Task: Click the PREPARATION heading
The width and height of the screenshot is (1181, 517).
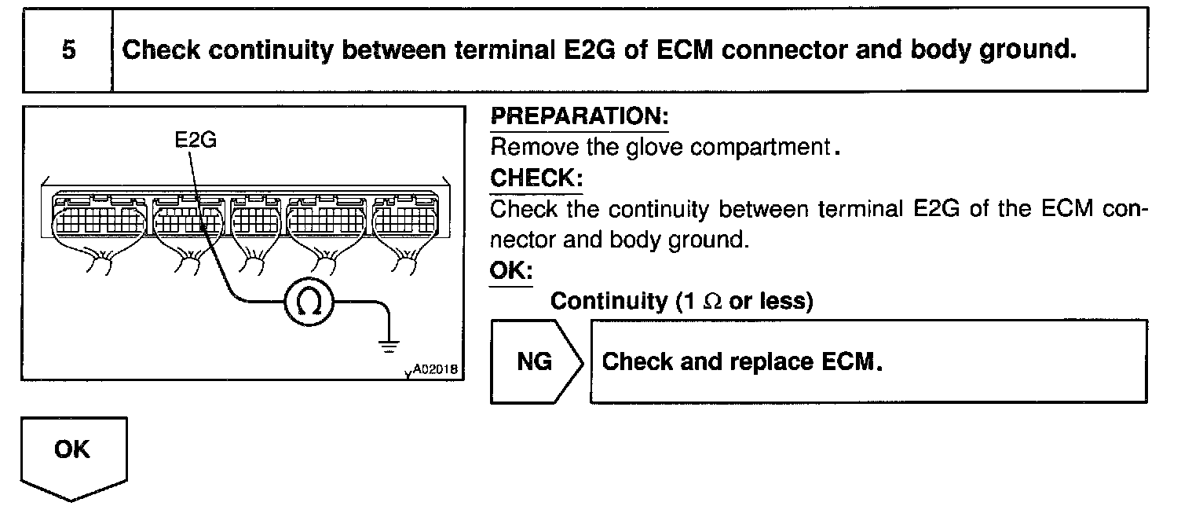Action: [x=580, y=118]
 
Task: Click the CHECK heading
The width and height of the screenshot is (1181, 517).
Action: [x=536, y=178]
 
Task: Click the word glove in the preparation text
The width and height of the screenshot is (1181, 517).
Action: [x=650, y=148]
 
